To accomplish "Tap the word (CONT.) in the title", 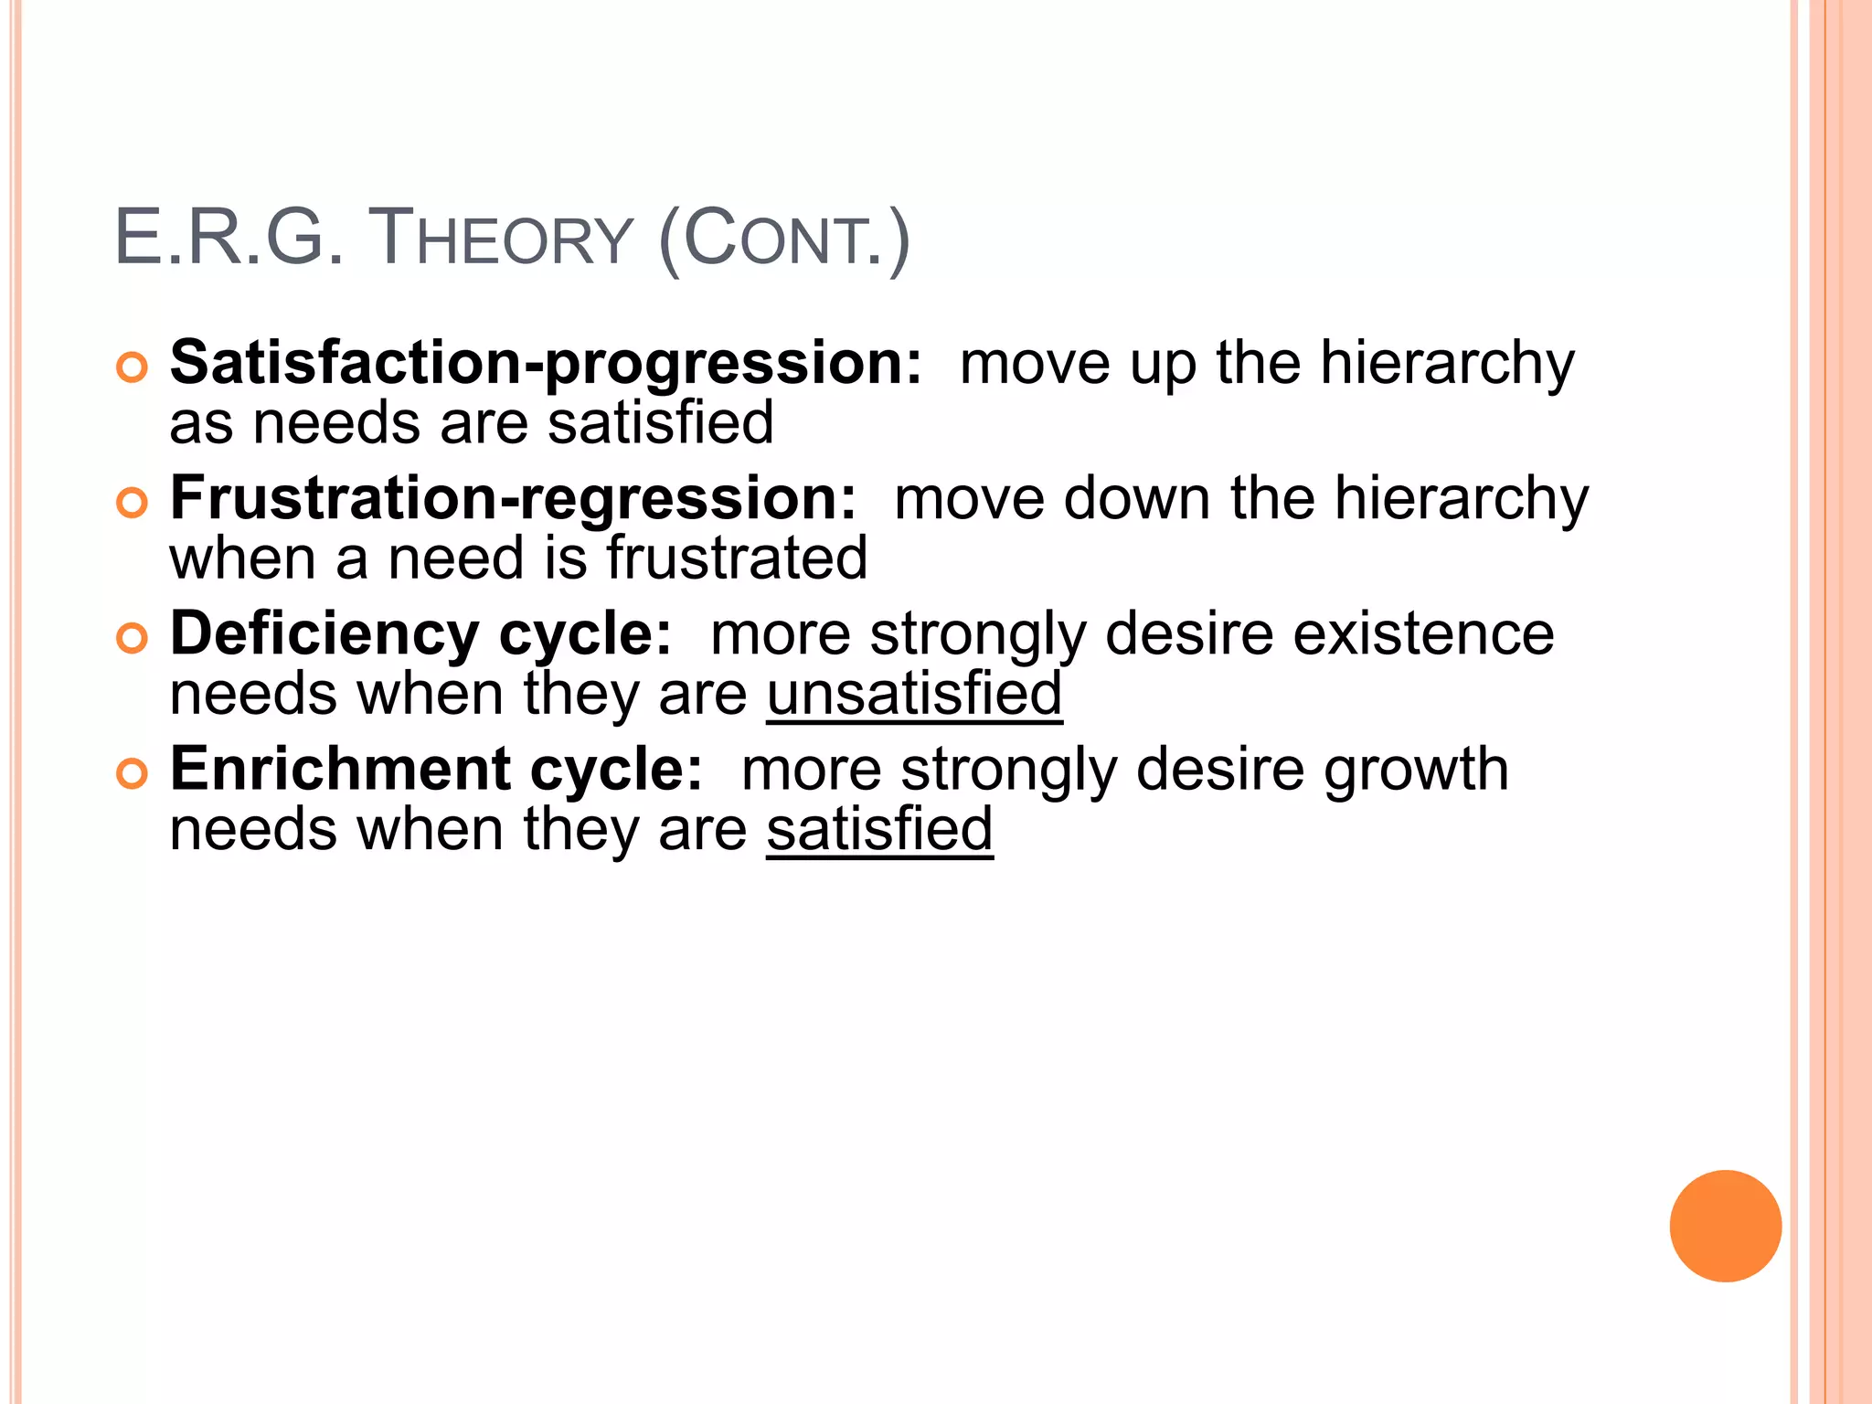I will click(783, 239).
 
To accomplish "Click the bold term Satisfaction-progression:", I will click(546, 364).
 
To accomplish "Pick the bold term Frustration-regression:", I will click(514, 499).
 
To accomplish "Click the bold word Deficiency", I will click(324, 634).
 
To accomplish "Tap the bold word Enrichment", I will click(340, 769).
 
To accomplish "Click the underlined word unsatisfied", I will click(914, 694).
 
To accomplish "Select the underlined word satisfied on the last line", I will click(879, 829).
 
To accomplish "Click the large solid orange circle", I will click(1725, 1226).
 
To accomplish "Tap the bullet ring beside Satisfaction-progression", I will click(133, 367).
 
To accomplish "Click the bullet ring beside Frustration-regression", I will click(133, 503).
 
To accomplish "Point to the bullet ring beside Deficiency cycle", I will click(133, 638).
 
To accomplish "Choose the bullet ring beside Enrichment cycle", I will click(133, 773).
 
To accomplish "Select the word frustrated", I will click(737, 558).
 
